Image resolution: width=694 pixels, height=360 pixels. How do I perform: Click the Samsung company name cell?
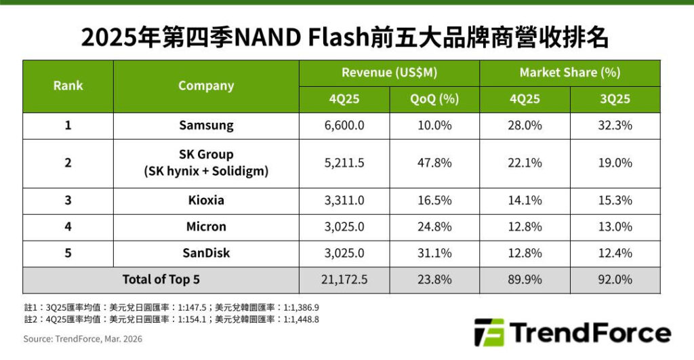(206, 125)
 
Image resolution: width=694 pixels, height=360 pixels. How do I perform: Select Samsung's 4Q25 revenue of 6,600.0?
(344, 125)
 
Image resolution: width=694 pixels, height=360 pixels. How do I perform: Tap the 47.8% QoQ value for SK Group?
(434, 163)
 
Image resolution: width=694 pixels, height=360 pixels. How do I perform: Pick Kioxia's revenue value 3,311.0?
(344, 201)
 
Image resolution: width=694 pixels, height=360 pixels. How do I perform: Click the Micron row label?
(206, 226)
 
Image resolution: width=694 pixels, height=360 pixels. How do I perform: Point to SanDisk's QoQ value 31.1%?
(434, 253)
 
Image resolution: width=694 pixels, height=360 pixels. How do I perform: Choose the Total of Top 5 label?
(161, 279)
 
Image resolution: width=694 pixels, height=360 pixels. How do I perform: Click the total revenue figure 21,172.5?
(344, 279)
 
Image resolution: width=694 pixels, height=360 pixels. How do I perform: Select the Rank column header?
(68, 85)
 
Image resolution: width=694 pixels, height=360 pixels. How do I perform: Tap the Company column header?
(206, 85)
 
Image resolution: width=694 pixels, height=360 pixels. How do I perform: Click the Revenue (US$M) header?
(389, 73)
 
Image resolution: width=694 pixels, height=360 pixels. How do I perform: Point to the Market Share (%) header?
(569, 73)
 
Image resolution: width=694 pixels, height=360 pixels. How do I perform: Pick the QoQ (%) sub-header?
(434, 99)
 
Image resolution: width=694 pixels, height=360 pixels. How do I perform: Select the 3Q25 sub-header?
(615, 99)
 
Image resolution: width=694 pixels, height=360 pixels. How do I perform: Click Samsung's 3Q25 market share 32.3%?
(615, 125)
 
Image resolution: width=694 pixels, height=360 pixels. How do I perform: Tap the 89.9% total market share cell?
(525, 279)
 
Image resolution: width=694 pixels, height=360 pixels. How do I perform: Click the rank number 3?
(68, 201)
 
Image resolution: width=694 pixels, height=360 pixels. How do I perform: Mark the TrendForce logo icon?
(489, 332)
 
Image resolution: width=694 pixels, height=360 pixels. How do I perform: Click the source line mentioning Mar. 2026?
(83, 338)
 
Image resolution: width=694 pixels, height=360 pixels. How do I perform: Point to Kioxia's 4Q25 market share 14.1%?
(525, 201)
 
